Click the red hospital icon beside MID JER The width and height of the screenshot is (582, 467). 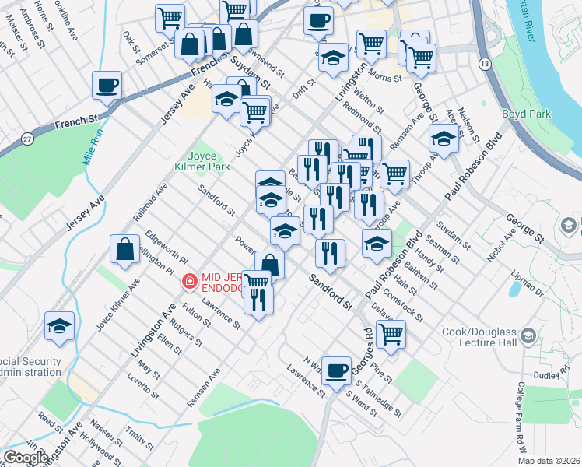coord(188,281)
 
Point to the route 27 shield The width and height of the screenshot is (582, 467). coord(28,139)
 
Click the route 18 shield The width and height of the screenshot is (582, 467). coord(486,65)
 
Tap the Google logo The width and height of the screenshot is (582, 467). coord(26,458)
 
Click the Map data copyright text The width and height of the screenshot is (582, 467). coord(549,461)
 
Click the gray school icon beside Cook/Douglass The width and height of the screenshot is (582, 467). coord(529,335)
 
